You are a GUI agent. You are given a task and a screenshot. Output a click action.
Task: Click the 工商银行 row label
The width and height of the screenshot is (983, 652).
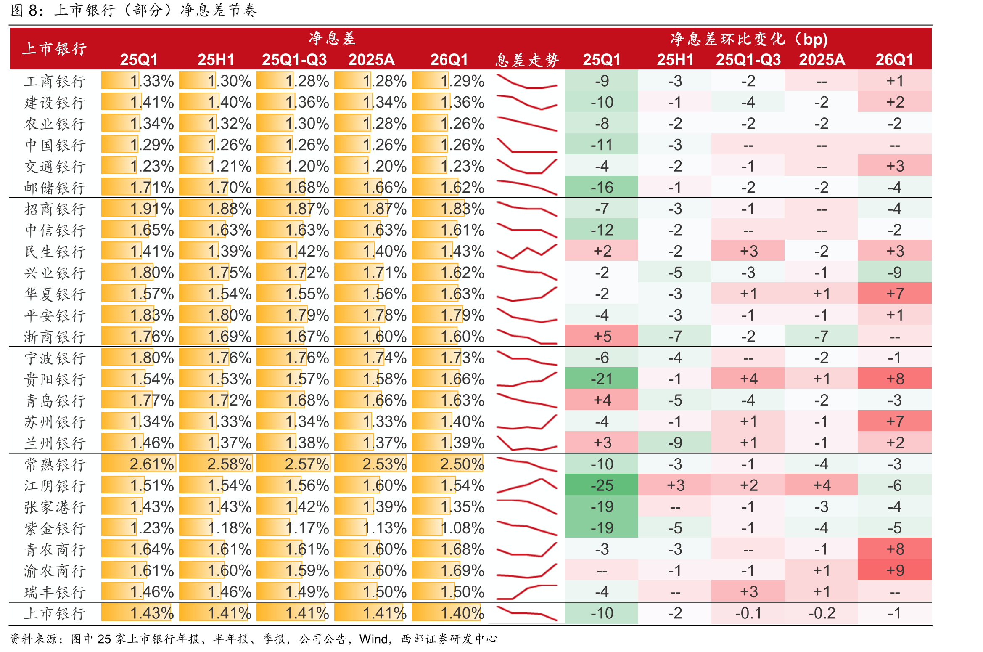[55, 81]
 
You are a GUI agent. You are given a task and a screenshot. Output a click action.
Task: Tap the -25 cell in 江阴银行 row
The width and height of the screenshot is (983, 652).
[602, 485]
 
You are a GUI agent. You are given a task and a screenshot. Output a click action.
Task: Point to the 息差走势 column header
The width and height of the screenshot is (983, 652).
[527, 60]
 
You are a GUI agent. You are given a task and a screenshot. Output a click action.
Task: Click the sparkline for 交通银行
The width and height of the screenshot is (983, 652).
[527, 166]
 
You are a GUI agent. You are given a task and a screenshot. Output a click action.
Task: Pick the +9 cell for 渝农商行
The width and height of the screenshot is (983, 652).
[895, 570]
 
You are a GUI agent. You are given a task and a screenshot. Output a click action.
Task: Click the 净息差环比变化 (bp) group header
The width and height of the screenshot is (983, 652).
[748, 39]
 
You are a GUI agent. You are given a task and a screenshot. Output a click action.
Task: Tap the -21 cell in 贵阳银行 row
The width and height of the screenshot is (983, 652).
[602, 379]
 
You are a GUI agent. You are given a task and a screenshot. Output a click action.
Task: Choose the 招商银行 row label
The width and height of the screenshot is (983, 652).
[55, 209]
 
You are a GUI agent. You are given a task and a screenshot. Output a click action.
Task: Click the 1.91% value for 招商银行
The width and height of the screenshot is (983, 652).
[151, 209]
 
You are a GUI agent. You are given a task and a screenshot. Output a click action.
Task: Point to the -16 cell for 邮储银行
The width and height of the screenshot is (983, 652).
[602, 188]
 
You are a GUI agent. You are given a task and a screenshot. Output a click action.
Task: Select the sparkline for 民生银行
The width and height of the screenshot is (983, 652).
[527, 252]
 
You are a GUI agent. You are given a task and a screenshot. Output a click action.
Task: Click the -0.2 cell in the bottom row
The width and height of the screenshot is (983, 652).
[822, 613]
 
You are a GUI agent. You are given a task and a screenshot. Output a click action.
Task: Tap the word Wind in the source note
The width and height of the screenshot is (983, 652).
[373, 639]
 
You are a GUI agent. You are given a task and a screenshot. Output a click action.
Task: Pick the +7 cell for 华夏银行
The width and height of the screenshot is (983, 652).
[895, 294]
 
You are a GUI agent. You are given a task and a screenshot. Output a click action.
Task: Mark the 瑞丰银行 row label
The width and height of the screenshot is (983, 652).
[55, 592]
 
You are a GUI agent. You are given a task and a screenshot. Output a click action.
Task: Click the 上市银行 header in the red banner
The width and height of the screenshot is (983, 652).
[54, 48]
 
